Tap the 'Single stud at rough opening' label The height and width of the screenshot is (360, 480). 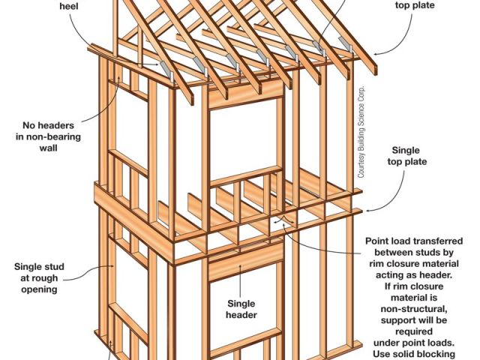[40, 277]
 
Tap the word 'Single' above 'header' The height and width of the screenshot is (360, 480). [241, 304]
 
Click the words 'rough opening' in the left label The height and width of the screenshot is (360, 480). [39, 289]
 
